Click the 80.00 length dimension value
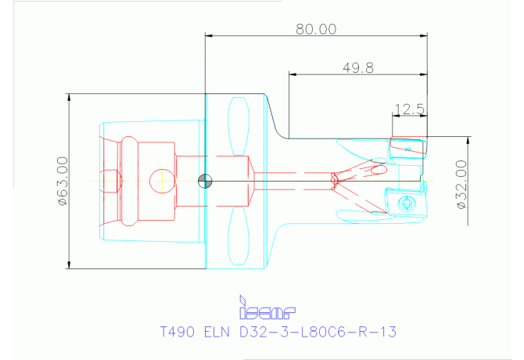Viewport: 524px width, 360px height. point(316,29)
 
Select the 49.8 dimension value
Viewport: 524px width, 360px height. point(358,68)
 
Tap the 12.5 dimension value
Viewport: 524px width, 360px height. point(409,110)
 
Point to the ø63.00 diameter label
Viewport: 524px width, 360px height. point(63,181)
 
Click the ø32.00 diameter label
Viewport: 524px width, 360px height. point(461,185)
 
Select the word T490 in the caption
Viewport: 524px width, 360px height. point(178,332)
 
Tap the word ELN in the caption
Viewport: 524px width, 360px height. point(217,332)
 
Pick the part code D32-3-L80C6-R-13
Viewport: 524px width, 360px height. point(318,332)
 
